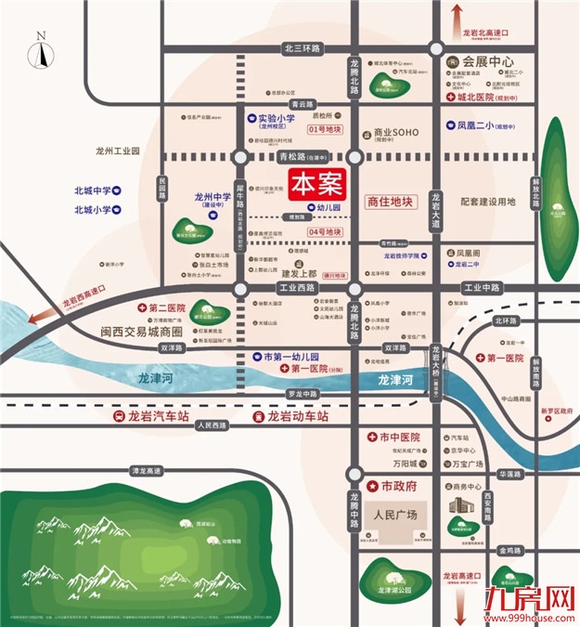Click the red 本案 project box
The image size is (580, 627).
point(316,184)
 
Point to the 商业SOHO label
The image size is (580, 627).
point(395,134)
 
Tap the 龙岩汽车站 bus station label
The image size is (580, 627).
point(151,417)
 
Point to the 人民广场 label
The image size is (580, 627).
point(395,514)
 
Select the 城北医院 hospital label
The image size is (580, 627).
point(478,97)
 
